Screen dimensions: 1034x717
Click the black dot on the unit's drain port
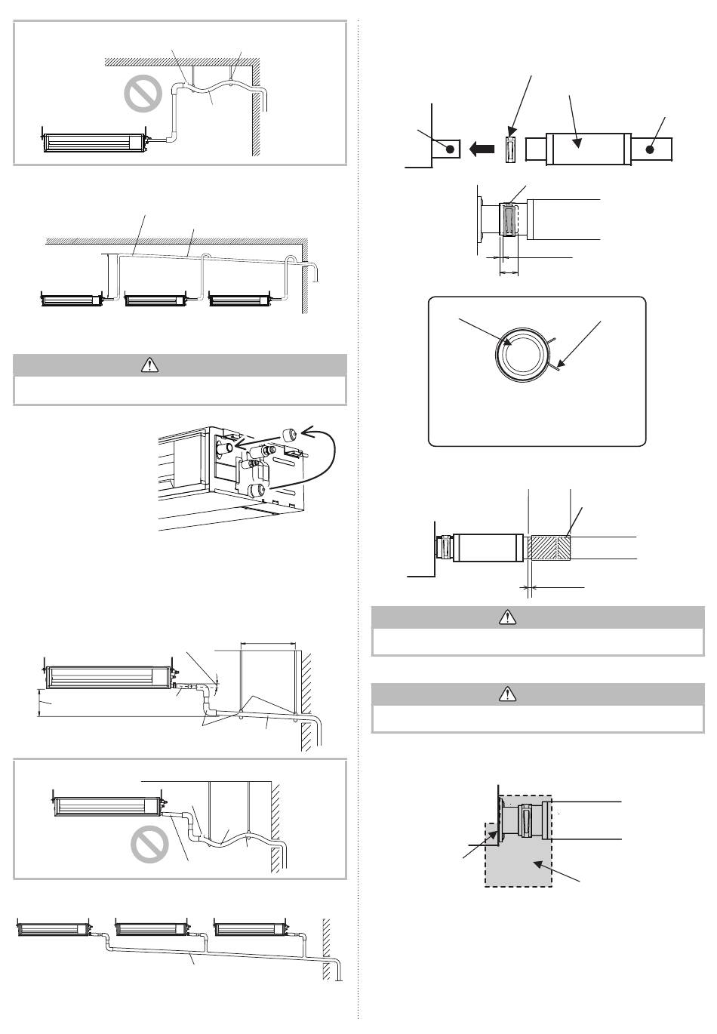tap(450, 149)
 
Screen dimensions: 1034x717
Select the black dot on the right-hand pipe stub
tap(650, 149)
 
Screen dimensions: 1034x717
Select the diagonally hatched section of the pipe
tap(549, 547)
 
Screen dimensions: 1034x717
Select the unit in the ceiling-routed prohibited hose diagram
tap(94, 140)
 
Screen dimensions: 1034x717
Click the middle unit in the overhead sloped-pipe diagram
tap(155, 300)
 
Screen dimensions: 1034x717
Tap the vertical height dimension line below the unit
tap(39, 702)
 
